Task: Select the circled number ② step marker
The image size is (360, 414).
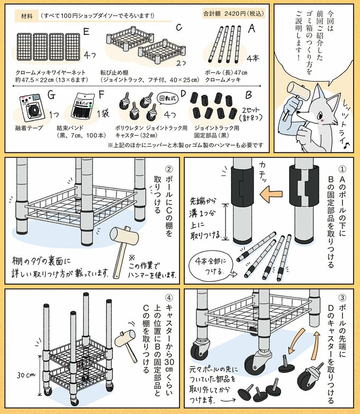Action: (x=169, y=169)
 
